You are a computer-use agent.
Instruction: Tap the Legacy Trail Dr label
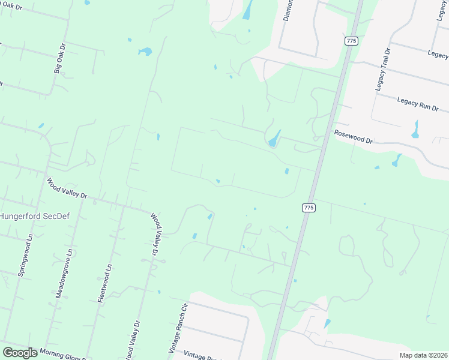(x=383, y=68)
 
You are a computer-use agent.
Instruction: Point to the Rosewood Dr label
(x=354, y=137)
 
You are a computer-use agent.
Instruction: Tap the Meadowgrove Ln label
(x=63, y=274)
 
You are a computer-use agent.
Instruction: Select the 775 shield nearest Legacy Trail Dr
(x=351, y=41)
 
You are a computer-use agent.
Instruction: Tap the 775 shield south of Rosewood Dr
(x=308, y=208)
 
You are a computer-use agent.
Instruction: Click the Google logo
(x=20, y=353)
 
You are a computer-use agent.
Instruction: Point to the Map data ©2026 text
(x=423, y=355)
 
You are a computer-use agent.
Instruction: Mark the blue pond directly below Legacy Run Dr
(x=415, y=129)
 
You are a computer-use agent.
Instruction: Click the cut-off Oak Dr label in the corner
(x=11, y=5)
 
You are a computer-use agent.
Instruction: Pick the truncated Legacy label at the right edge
(x=438, y=53)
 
